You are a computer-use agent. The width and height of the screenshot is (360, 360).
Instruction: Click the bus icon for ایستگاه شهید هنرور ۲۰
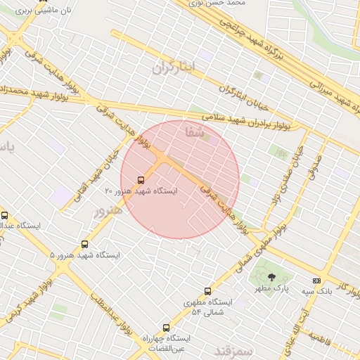pyautogui.click(x=141, y=180)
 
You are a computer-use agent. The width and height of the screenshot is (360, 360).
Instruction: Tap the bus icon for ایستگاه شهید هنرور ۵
pyautogui.click(x=85, y=244)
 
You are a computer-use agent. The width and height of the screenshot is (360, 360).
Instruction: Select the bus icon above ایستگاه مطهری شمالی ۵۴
pyautogui.click(x=207, y=291)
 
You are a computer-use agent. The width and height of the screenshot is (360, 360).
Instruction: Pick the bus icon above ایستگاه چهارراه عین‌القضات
pyautogui.click(x=167, y=328)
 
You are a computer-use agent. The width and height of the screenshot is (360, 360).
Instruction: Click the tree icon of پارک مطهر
pyautogui.click(x=272, y=277)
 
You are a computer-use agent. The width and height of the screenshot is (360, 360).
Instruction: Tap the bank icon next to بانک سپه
pyautogui.click(x=316, y=280)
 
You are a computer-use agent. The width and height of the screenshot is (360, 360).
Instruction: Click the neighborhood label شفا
pyautogui.click(x=194, y=131)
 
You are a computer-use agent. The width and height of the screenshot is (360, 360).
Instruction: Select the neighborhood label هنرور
pyautogui.click(x=108, y=211)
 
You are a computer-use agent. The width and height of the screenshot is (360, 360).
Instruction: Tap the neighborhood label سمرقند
pyautogui.click(x=232, y=350)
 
